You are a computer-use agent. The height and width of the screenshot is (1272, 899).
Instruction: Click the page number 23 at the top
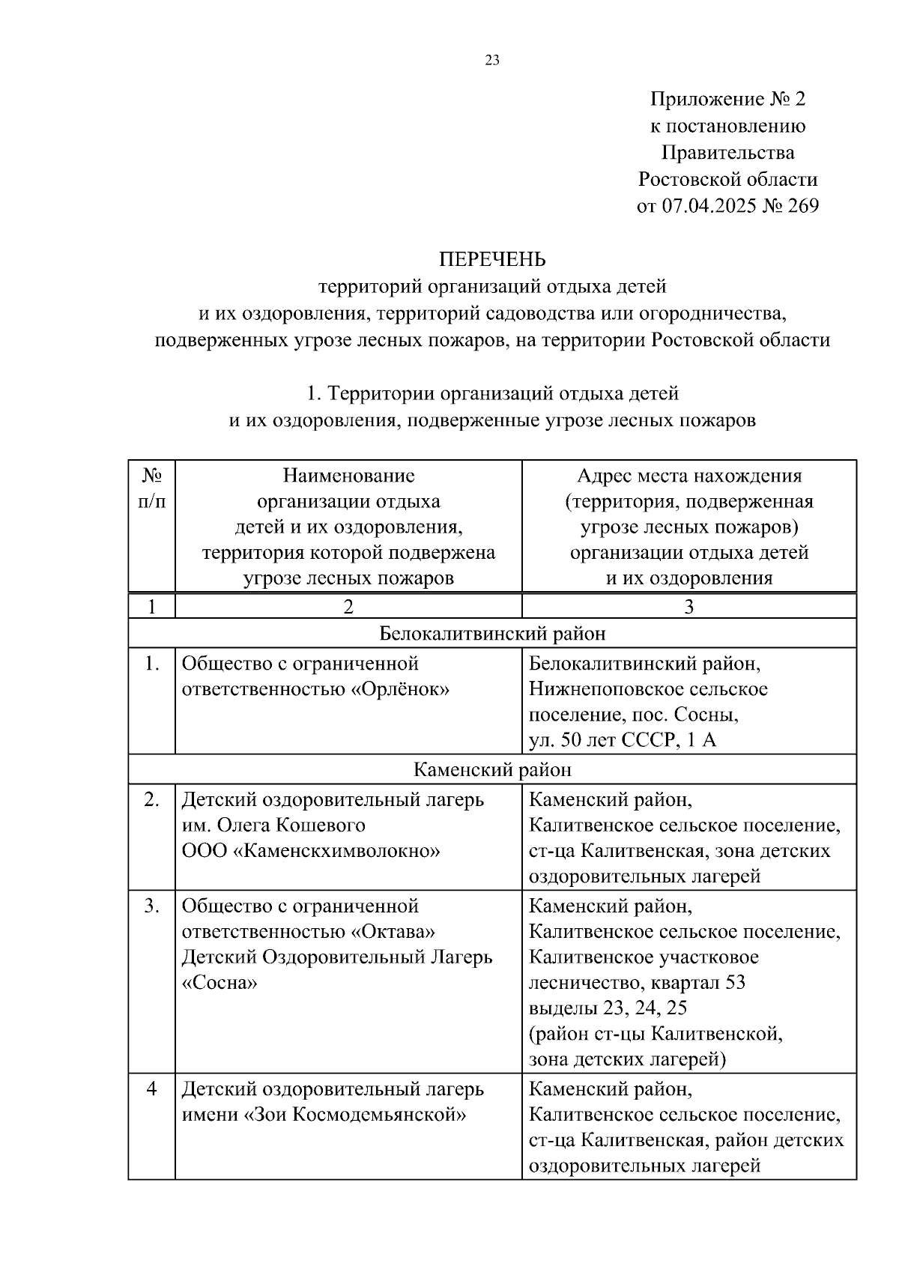492,61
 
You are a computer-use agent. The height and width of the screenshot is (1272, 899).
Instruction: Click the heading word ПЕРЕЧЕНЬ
492,259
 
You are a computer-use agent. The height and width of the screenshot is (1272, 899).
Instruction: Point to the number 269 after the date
803,206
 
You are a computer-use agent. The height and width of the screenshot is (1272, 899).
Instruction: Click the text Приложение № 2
727,99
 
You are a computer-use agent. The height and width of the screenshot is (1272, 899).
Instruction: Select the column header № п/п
152,488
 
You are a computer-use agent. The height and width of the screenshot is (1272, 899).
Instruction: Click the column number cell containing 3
688,607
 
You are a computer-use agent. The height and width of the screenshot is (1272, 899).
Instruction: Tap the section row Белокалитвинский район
492,634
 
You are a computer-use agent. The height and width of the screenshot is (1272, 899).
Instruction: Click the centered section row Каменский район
492,769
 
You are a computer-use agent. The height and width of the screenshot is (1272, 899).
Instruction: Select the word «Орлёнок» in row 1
400,689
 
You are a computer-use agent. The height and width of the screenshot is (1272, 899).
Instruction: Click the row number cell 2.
152,800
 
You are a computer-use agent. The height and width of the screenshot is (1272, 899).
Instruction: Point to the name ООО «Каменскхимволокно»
311,851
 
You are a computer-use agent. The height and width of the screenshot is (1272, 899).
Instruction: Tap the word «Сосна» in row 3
220,983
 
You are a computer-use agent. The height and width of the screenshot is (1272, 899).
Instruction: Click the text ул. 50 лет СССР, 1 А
623,740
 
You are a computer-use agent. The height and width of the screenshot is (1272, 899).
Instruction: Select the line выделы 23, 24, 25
608,1008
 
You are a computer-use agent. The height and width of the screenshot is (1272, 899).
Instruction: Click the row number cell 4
152,1088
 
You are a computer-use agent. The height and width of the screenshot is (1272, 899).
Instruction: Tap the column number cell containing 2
348,607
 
